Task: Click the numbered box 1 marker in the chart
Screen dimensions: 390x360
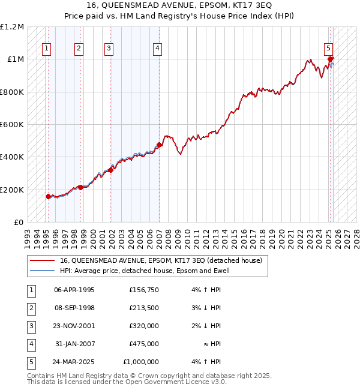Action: point(47,49)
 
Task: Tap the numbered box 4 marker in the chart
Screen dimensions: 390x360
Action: point(157,49)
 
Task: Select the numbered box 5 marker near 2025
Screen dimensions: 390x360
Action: point(328,49)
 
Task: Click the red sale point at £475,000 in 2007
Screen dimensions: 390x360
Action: point(159,145)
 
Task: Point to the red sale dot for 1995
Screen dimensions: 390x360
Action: point(49,196)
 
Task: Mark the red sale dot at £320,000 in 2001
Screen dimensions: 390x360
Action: point(110,170)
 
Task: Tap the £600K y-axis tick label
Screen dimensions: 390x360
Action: point(13,125)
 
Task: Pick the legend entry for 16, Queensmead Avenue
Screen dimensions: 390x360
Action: point(161,261)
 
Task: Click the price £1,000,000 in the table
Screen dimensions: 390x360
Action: point(141,362)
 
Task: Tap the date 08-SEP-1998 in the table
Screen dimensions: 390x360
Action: point(74,308)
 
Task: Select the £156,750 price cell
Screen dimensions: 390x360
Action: point(144,290)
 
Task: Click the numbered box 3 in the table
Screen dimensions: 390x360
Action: point(30,326)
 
